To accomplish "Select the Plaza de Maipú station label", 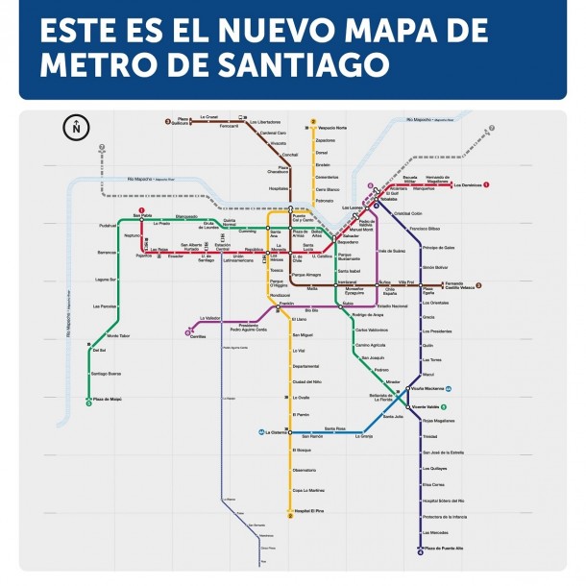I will pyautogui.click(x=107, y=400).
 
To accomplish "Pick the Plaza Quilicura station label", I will pyautogui.click(x=183, y=122).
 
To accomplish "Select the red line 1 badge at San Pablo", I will pyautogui.click(x=141, y=209).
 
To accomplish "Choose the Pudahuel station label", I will pyautogui.click(x=107, y=226).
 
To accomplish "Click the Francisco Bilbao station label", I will pyautogui.click(x=425, y=229).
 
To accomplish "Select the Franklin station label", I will pyautogui.click(x=286, y=303).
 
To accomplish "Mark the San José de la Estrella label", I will pyautogui.click(x=443, y=452).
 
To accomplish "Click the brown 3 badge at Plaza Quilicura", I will pyautogui.click(x=168, y=122).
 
